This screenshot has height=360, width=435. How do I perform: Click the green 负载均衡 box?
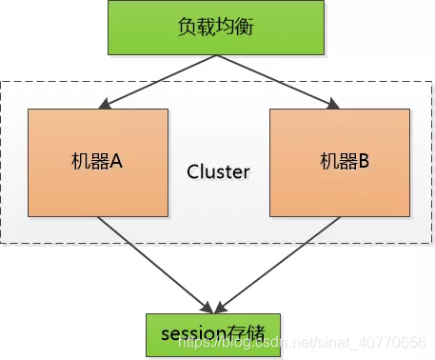[218, 28]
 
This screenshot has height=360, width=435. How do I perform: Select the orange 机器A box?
[98, 162]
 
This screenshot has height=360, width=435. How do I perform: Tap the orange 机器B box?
[339, 162]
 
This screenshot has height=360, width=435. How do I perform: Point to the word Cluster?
[218, 172]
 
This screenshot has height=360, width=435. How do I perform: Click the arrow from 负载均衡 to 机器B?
[276, 80]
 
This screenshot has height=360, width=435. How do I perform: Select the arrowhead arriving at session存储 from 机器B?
[227, 308]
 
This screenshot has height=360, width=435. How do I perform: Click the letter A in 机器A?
[118, 162]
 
